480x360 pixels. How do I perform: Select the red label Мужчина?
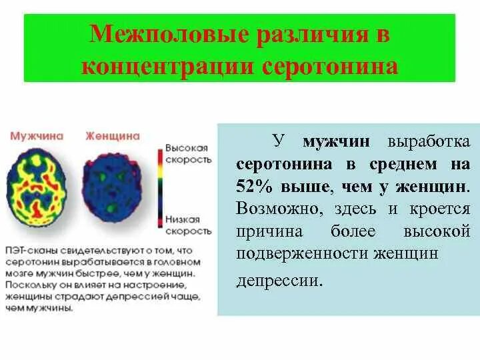click(37, 135)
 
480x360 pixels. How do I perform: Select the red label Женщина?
click(113, 135)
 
